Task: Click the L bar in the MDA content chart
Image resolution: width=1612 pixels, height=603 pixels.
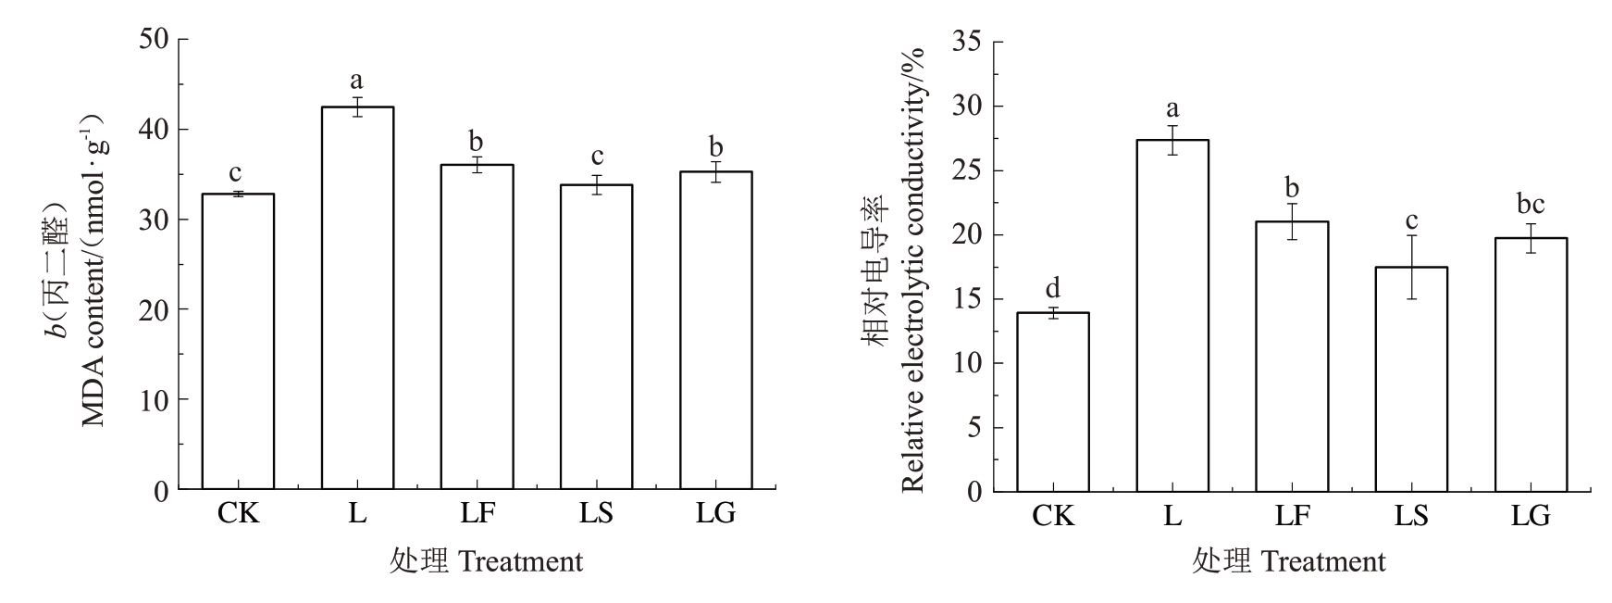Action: [357, 297]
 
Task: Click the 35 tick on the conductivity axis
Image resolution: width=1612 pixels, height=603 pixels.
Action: [968, 43]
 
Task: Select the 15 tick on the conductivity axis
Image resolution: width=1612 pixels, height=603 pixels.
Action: [968, 299]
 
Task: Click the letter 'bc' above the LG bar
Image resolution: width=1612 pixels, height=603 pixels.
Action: [1531, 205]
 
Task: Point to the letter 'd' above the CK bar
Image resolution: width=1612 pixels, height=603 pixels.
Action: [1053, 287]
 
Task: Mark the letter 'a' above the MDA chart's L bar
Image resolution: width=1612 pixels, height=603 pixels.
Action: [357, 81]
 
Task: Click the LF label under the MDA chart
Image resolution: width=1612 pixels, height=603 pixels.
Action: [477, 513]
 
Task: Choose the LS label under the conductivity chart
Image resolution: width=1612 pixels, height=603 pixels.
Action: [1411, 515]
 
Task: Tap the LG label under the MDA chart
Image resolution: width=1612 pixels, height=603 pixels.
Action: [715, 513]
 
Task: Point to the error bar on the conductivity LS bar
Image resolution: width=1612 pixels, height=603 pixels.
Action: [1411, 267]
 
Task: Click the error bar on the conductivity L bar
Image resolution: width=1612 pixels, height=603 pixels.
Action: [1172, 140]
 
